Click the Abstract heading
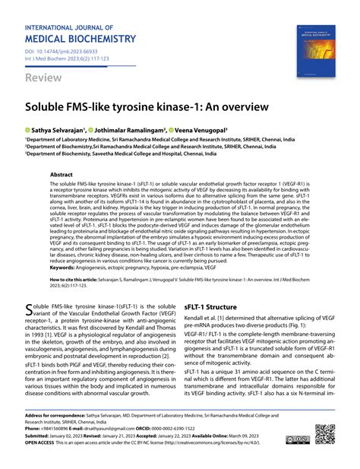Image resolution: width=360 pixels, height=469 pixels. click(x=62, y=174)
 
